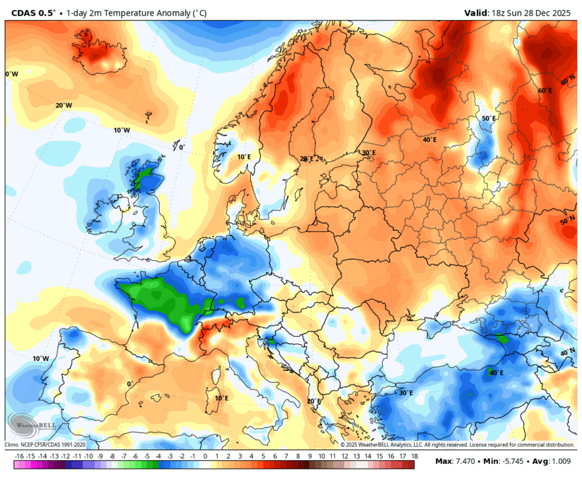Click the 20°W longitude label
coord(63,106)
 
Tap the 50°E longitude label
coord(489,118)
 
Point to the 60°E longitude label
coord(545,91)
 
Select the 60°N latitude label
coord(568,82)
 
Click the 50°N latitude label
coord(567,222)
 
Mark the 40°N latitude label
coord(567,352)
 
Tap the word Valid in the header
coord(477,12)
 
